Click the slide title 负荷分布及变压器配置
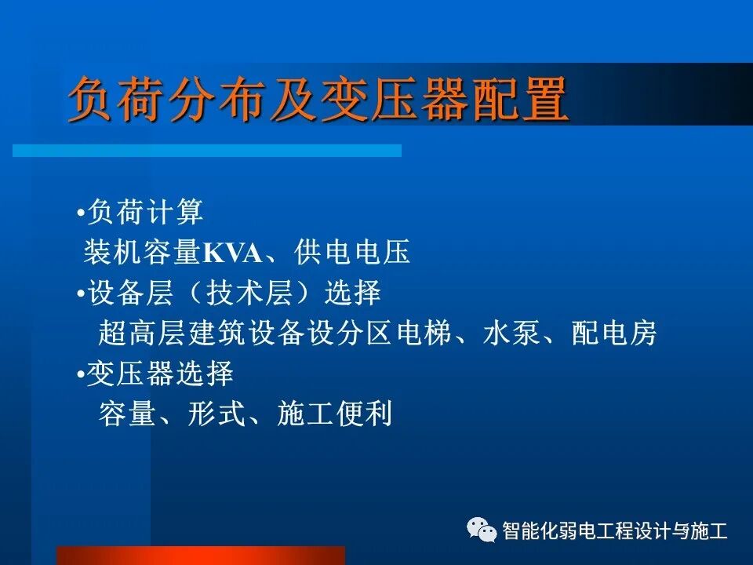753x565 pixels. point(318,100)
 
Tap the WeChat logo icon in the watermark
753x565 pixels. point(481,530)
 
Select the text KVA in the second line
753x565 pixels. point(228,253)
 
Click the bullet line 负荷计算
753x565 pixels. point(145,212)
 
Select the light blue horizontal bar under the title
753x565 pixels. point(207,150)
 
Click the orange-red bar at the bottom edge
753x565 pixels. point(201,556)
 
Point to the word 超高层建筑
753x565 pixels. point(172,334)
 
